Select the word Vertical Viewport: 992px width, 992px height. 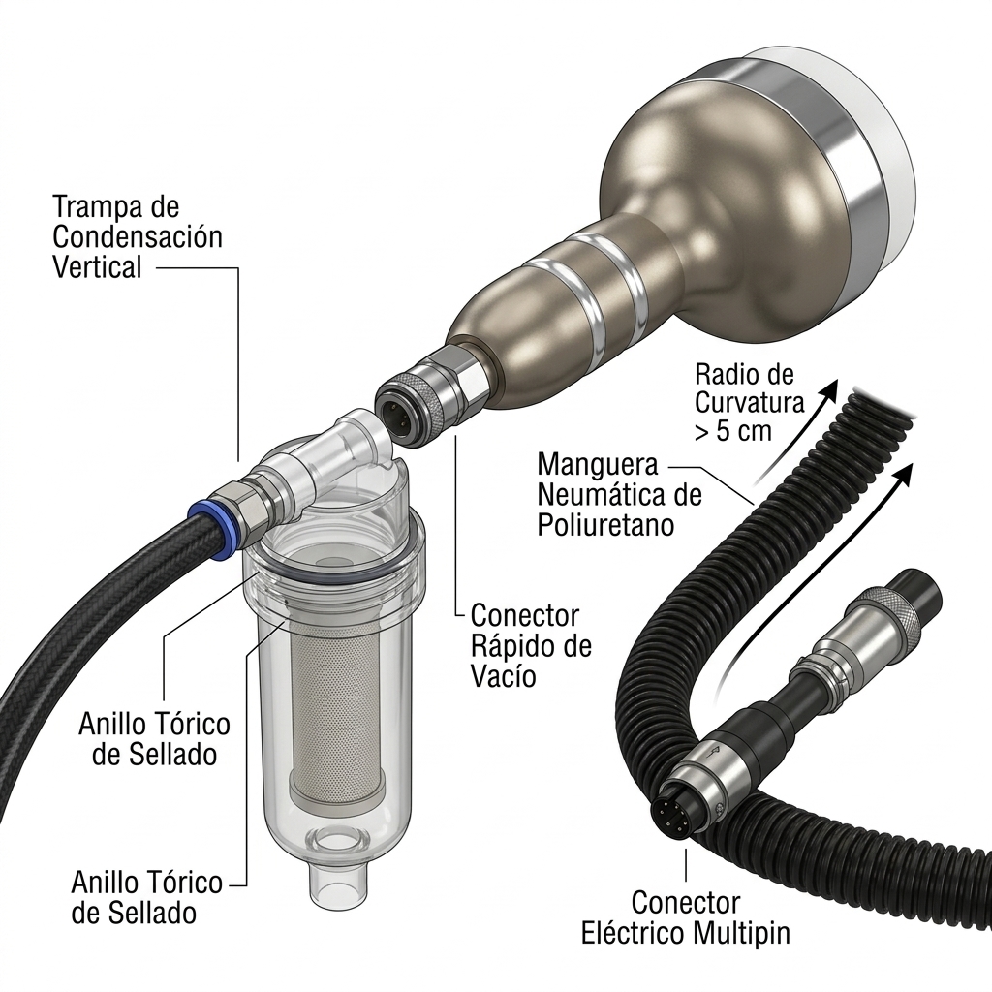tap(97, 267)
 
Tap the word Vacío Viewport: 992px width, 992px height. tap(504, 675)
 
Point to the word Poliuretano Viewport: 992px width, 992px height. tap(605, 525)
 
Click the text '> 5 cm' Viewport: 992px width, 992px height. tap(733, 431)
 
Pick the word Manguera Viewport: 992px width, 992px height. tap(598, 464)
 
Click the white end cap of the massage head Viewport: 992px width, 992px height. tap(880, 145)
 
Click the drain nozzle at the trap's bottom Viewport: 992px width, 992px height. tap(334, 883)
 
